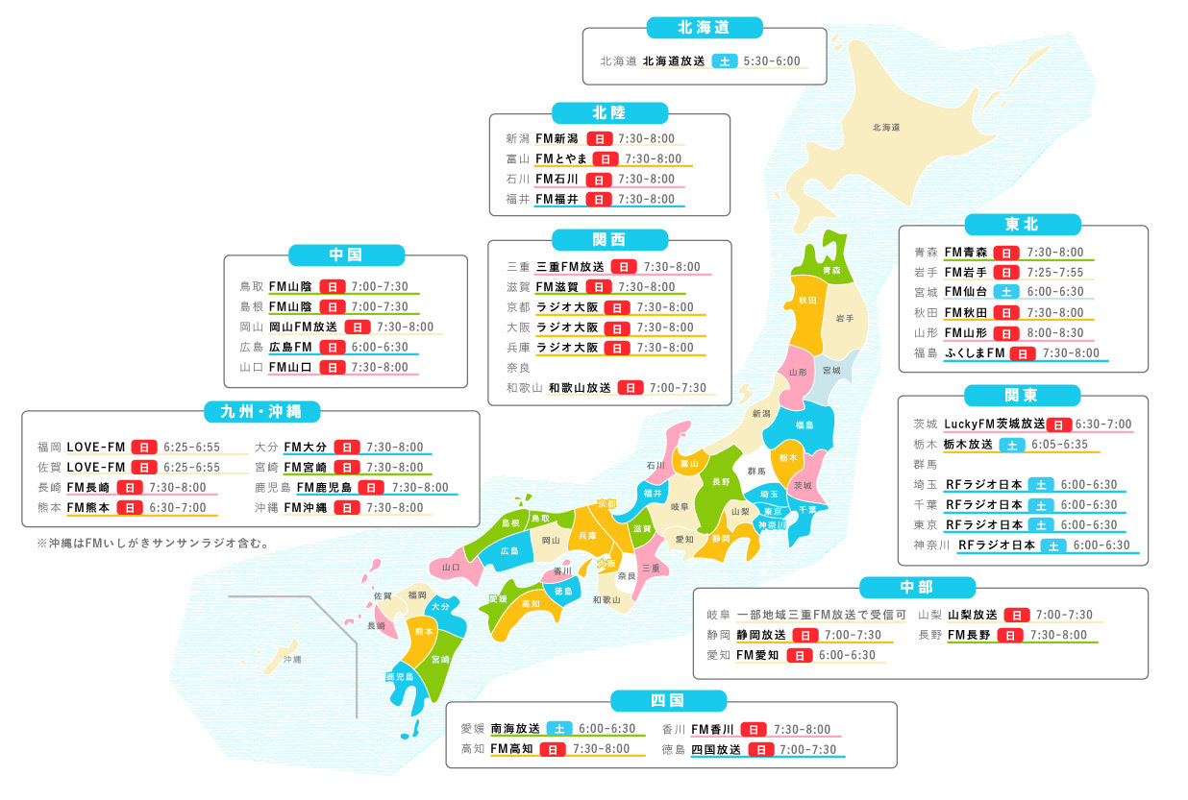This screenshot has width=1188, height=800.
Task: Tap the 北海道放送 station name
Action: point(674,61)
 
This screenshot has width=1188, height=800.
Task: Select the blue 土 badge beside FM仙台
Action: point(1005,292)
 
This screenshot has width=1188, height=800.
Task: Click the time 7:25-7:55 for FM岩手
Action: point(1055,272)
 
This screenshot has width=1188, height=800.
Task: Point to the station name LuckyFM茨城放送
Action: point(994,424)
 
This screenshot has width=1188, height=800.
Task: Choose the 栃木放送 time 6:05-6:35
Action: point(1059,445)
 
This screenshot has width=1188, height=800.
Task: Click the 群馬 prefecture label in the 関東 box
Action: point(925,464)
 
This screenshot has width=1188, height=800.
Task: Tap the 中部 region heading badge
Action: point(918,587)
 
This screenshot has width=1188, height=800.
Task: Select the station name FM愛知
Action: point(756,655)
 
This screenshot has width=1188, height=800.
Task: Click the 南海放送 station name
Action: point(514,729)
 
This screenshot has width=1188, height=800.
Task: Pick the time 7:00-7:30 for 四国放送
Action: point(808,749)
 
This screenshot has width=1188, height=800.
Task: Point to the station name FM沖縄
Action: point(305,507)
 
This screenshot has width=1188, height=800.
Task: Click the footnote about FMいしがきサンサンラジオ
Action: point(153,543)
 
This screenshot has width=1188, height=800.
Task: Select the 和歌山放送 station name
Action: point(580,388)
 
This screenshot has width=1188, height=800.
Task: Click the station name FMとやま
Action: point(560,158)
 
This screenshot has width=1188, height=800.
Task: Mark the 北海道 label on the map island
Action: point(885,127)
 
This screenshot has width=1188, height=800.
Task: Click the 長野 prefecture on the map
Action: point(720,481)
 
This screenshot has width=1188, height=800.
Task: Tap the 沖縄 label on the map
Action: point(292,660)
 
